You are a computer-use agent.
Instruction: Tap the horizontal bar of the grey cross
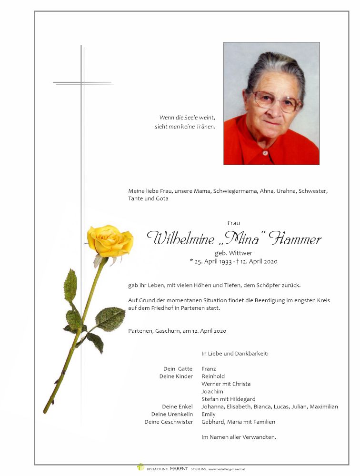[82, 83]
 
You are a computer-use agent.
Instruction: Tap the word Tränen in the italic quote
[206, 127]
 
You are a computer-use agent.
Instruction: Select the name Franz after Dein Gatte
[209, 368]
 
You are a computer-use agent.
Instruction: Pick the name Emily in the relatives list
[209, 414]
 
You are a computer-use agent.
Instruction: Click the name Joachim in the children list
[212, 391]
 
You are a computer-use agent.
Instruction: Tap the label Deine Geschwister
[169, 422]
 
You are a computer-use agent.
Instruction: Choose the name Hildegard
[242, 399]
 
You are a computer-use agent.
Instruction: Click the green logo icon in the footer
[140, 467]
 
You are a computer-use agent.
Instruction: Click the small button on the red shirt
[266, 153]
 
